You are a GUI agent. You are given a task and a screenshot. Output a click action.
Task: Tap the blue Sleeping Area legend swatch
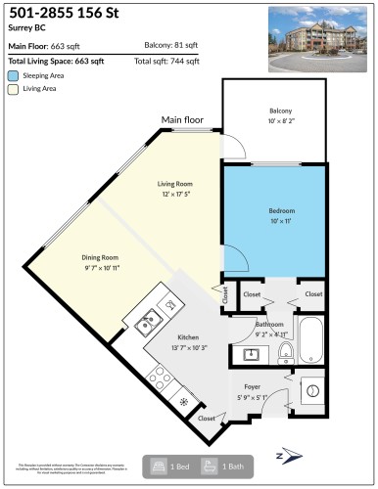pos(13,74)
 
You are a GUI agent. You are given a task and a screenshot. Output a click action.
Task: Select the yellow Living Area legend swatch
pos(13,88)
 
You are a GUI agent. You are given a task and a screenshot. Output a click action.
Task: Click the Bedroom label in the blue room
pos(281,210)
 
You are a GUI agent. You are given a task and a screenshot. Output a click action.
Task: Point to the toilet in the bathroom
pos(286,349)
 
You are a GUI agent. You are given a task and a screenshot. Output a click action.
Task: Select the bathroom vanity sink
pos(240,353)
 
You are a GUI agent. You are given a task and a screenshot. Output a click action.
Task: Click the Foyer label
pos(253,387)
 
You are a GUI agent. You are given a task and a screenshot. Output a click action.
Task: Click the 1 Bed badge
pos(166,467)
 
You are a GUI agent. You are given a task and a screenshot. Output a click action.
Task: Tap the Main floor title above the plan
pos(182,120)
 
